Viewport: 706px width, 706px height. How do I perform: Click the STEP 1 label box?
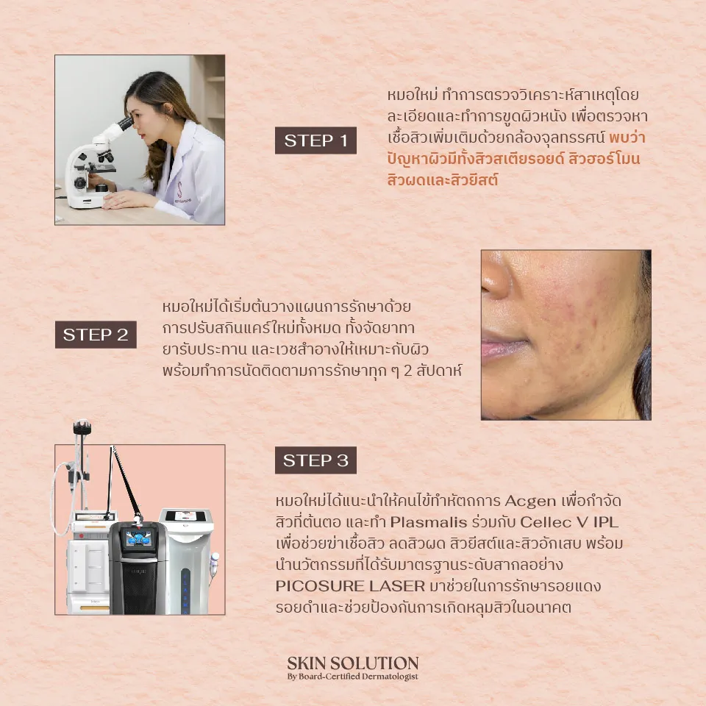315,140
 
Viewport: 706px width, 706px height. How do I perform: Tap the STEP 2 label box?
96,335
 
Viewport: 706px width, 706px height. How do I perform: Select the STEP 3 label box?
315,460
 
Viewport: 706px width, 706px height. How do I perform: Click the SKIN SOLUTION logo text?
353,663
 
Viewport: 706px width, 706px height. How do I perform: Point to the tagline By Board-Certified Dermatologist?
353,677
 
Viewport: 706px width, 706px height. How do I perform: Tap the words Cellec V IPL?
569,522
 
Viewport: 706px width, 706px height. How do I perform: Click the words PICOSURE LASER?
350,586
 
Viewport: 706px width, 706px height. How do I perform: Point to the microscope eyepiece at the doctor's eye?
126,123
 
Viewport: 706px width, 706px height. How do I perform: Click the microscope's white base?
87,200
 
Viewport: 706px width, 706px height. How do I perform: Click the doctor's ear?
168,109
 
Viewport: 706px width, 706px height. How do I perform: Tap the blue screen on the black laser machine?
140,538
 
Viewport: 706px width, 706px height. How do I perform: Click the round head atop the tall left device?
82,426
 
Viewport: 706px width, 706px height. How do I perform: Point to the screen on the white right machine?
186,516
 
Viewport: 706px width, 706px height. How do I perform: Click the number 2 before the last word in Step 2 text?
408,371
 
